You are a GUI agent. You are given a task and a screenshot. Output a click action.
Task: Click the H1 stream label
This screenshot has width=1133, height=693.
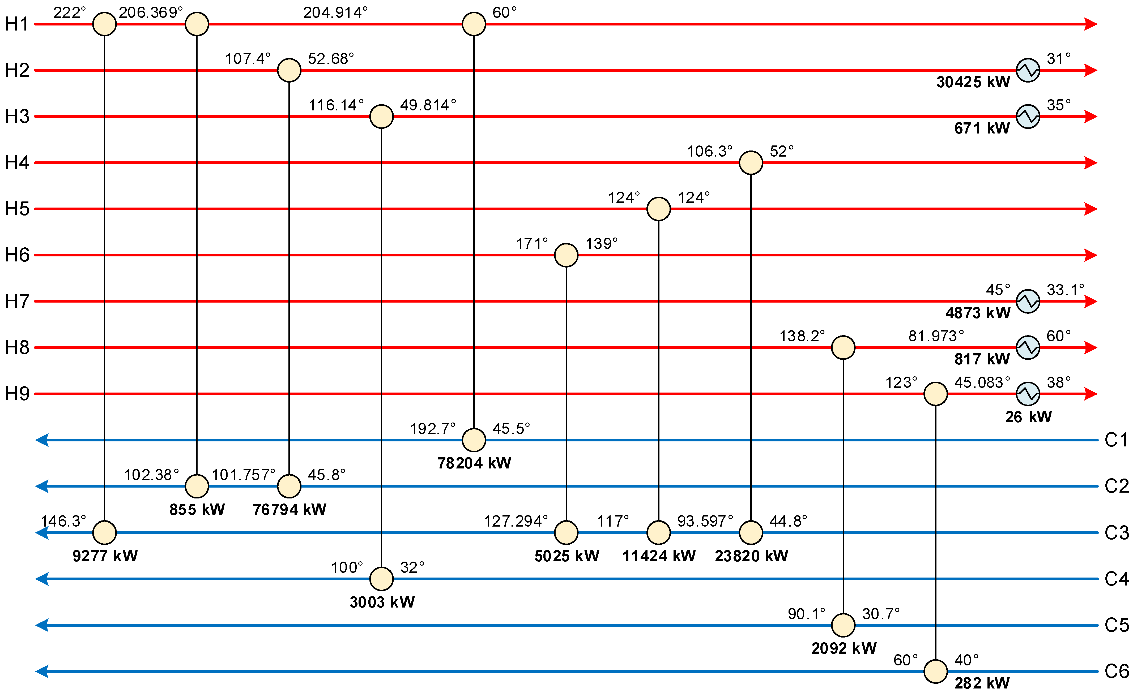coord(17,24)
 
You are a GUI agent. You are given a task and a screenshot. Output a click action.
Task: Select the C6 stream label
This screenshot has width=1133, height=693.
coord(1117,672)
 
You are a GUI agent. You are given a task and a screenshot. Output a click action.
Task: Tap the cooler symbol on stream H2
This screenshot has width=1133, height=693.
coord(1028,70)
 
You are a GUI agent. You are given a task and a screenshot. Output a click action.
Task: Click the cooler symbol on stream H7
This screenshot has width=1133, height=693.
coord(1028,302)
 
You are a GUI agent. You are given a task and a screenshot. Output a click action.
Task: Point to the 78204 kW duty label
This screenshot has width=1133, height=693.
coord(474,463)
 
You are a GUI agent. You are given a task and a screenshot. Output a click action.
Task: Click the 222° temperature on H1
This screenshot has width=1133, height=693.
coord(69,12)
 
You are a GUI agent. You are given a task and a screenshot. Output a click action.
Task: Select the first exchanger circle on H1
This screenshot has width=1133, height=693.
coord(104,24)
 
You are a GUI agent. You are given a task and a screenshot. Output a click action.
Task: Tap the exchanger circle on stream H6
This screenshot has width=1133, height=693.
coord(566,255)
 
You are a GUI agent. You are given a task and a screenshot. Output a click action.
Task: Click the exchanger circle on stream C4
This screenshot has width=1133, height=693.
coord(381,579)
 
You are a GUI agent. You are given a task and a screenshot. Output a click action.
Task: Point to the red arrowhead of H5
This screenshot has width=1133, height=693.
coord(1091,209)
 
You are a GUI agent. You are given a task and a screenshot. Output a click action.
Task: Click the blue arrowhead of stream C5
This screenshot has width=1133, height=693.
coord(42,625)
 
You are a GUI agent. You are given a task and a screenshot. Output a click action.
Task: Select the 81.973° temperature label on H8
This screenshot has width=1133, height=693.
coord(936,336)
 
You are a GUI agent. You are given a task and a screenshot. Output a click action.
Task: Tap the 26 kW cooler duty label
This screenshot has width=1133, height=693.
coord(1028,417)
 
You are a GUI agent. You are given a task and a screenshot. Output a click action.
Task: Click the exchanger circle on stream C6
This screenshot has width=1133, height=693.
coord(935,672)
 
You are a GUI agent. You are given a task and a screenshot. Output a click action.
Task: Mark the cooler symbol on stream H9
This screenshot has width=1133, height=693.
coord(1028,394)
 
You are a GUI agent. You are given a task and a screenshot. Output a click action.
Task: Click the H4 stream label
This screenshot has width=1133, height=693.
coord(17,163)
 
